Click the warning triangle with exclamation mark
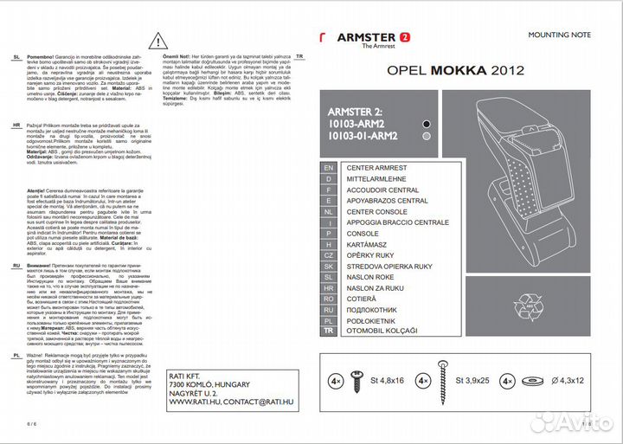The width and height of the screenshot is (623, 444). click(157, 40)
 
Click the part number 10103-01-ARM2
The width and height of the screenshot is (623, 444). click(363, 136)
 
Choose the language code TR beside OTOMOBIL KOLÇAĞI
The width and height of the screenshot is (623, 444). click(328, 331)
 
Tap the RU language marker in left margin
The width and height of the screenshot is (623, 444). click(17, 267)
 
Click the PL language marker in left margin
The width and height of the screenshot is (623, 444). click(17, 355)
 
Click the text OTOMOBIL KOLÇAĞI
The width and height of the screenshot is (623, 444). click(382, 331)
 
